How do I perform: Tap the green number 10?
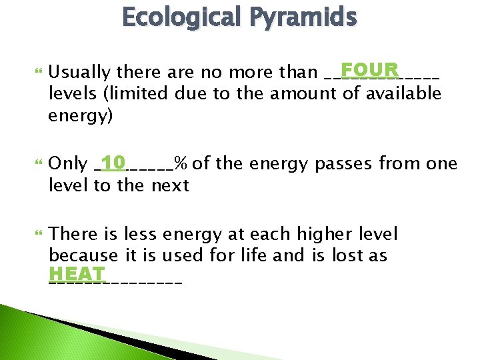(x=113, y=162)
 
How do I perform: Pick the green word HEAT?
(x=77, y=274)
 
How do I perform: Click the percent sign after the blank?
(x=180, y=163)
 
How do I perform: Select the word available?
(x=403, y=94)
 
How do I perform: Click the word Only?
(x=68, y=163)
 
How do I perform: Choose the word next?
(x=170, y=185)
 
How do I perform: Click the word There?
(x=73, y=234)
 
